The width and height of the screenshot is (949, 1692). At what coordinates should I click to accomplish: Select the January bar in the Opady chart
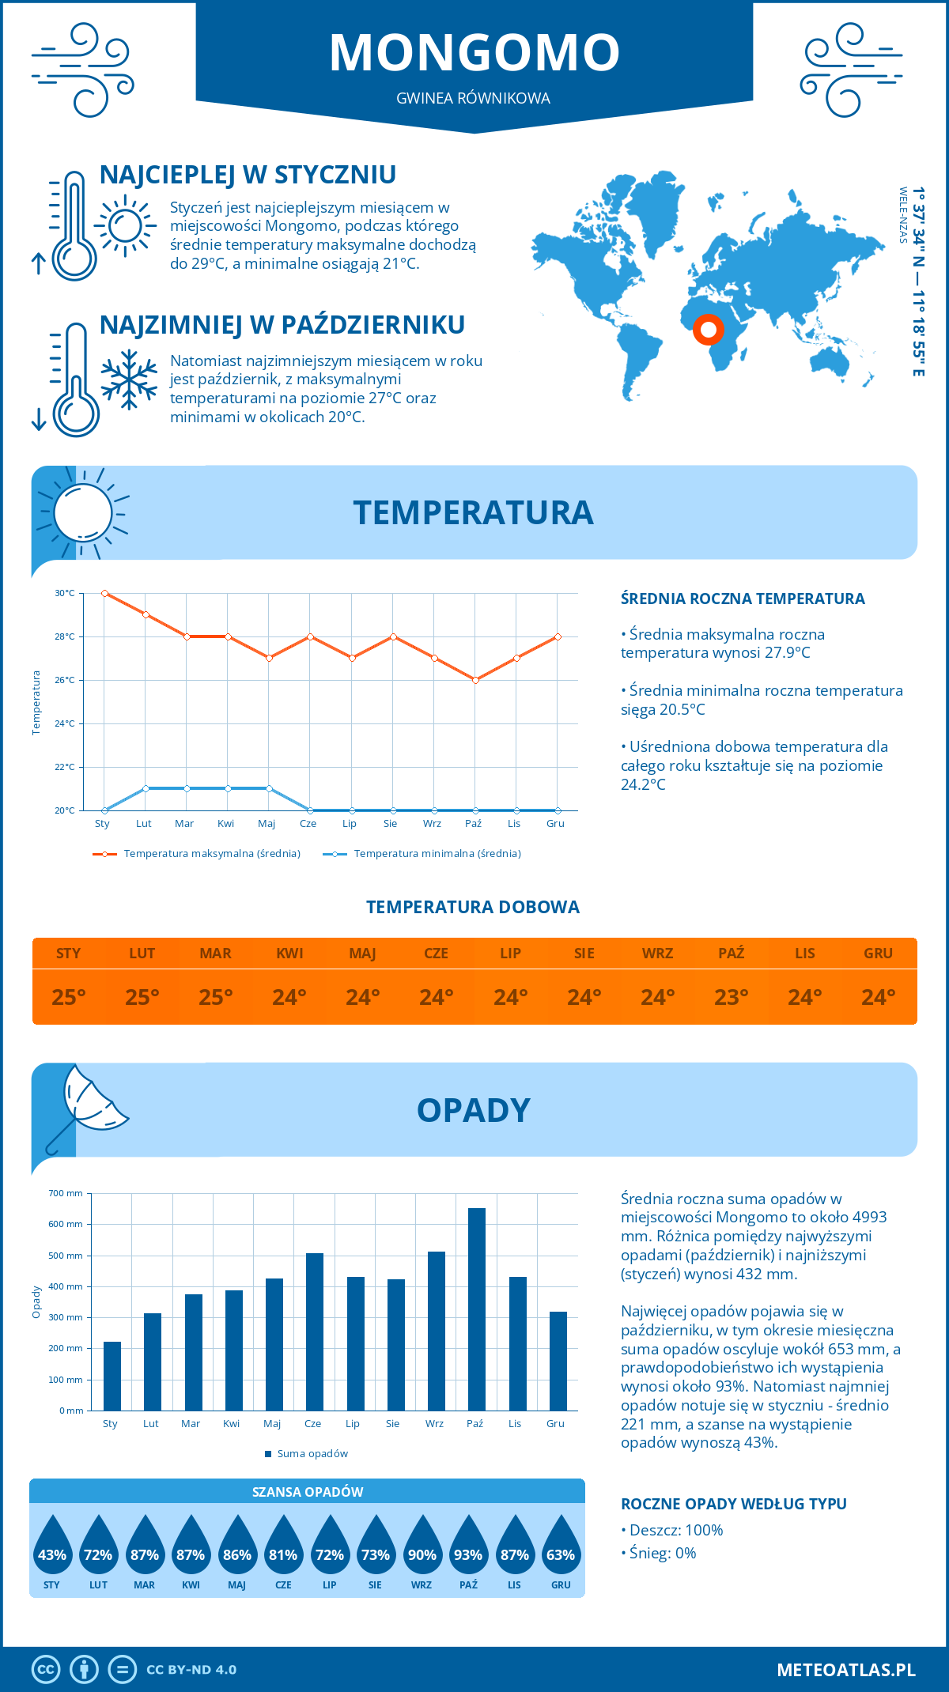[112, 1376]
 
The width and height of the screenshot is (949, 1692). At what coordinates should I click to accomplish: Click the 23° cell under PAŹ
[731, 997]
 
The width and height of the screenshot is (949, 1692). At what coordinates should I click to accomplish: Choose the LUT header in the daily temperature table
[142, 954]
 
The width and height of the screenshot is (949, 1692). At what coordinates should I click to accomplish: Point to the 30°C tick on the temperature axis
[65, 593]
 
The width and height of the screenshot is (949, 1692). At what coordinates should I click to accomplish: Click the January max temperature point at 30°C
[104, 593]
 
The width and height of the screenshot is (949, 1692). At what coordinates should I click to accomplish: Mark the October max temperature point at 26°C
[475, 680]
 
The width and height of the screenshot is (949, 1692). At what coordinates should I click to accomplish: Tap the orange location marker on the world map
[708, 329]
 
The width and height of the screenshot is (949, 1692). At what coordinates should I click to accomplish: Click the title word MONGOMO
[475, 53]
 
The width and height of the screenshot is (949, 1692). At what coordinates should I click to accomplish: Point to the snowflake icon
[129, 380]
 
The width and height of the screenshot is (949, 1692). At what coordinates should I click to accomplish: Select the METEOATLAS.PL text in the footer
[846, 1670]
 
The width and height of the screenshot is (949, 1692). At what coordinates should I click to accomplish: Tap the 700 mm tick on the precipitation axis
[66, 1193]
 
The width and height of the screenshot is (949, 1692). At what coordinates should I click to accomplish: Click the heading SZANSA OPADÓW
[308, 1492]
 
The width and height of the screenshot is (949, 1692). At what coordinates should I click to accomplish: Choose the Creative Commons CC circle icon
[46, 1670]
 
